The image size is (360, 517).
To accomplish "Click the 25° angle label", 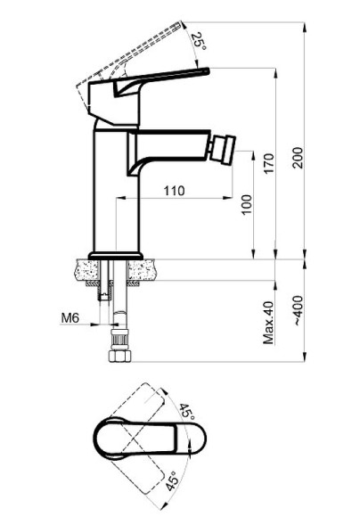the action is pyautogui.click(x=199, y=41).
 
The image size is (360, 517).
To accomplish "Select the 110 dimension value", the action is pyautogui.click(x=175, y=191).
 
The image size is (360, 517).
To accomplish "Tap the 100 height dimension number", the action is pyautogui.click(x=247, y=204).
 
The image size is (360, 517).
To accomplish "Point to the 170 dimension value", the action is pyautogui.click(x=269, y=164).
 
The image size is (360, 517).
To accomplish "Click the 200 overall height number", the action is pyautogui.click(x=298, y=158).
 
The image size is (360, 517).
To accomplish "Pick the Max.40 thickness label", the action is pyautogui.click(x=269, y=323).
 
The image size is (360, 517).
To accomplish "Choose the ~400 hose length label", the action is pyautogui.click(x=298, y=311).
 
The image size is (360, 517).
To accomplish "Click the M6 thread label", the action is pyautogui.click(x=70, y=318).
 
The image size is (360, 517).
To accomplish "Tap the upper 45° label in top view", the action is pyautogui.click(x=187, y=412).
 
